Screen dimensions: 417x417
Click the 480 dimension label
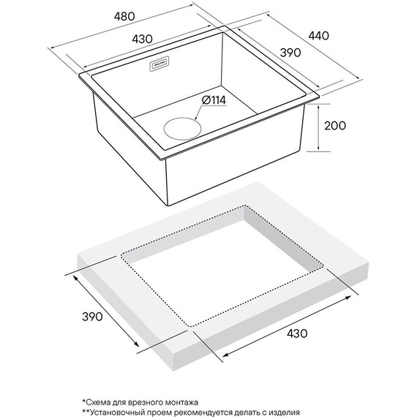124,17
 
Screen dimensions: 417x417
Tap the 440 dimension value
318,36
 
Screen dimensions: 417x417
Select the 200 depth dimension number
335,126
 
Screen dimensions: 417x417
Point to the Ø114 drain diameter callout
214,100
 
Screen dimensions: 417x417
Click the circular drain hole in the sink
182,129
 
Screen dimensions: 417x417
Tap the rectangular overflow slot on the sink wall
159,64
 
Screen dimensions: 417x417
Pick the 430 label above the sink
142,39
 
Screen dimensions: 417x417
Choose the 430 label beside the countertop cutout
297,333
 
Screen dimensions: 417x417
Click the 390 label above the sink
290,53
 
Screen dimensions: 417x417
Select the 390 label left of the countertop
92,317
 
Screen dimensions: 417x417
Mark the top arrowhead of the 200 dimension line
318,106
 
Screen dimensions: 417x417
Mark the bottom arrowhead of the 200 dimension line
318,149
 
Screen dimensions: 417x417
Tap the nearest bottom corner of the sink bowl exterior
168,206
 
